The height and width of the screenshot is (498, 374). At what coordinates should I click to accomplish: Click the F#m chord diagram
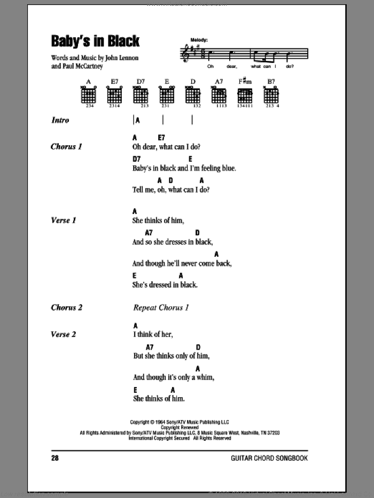pyautogui.click(x=245, y=95)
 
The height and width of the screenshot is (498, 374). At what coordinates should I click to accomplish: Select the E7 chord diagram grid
pyautogui.click(x=114, y=95)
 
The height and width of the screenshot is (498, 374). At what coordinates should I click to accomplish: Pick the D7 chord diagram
pyautogui.click(x=140, y=95)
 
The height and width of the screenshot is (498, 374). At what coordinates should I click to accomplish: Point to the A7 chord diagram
pyautogui.click(x=219, y=95)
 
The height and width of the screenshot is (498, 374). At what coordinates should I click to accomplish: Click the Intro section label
pyautogui.click(x=60, y=121)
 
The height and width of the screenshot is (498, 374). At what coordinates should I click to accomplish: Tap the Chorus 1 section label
pyautogui.click(x=66, y=146)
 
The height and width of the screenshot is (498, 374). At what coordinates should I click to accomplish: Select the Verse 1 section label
pyautogui.click(x=63, y=220)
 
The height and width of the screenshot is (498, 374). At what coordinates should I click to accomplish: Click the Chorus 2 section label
pyautogui.click(x=66, y=307)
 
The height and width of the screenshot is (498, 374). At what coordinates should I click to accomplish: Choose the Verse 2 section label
pyautogui.click(x=63, y=334)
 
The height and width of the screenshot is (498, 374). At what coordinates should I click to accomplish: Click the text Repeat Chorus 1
pyautogui.click(x=161, y=307)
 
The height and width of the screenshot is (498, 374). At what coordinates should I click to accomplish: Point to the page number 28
pyautogui.click(x=56, y=458)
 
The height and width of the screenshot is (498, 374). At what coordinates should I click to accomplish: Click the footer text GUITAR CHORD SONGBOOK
pyautogui.click(x=269, y=458)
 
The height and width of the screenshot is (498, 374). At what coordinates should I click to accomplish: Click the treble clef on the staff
pyautogui.click(x=185, y=54)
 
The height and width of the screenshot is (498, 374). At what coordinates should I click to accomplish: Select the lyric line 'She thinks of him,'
pyautogui.click(x=158, y=220)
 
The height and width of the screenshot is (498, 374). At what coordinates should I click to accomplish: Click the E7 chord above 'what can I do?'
pyautogui.click(x=161, y=137)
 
